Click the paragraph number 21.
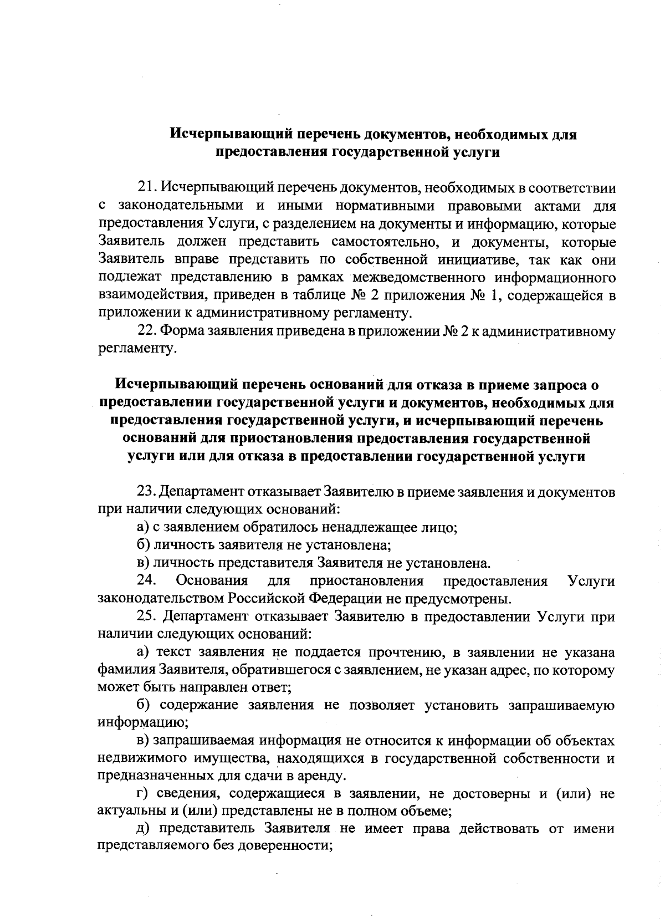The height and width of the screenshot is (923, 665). tap(146, 188)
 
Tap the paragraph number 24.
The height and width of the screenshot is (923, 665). tap(146, 581)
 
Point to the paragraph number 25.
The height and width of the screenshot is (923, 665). tap(146, 616)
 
